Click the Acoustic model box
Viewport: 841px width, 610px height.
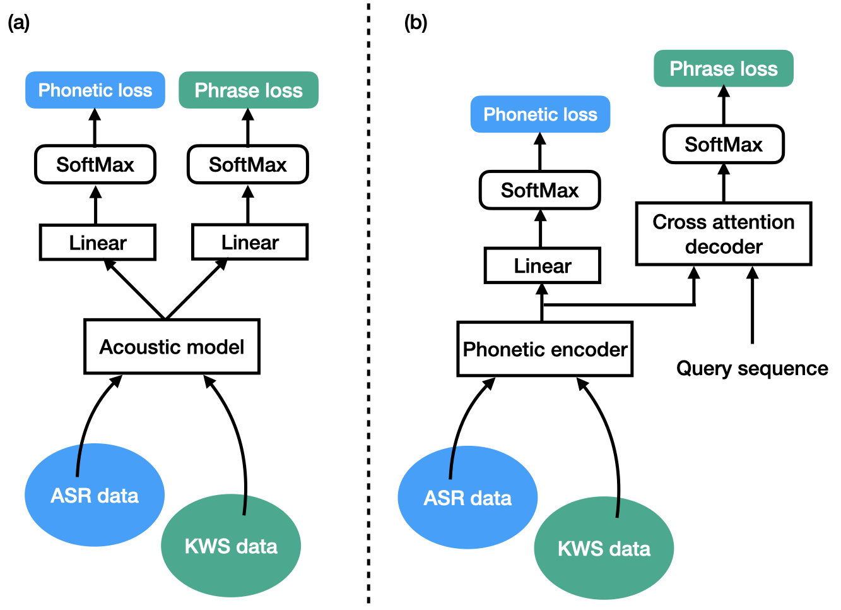click(x=172, y=347)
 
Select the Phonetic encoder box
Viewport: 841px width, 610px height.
click(x=544, y=349)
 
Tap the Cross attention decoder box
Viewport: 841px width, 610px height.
click(x=723, y=234)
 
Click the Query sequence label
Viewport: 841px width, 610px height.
click(x=752, y=368)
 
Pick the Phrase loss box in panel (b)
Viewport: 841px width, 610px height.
click(x=723, y=68)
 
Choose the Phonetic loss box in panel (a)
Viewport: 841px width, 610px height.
click(x=95, y=90)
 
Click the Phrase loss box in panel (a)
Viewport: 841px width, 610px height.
click(x=249, y=90)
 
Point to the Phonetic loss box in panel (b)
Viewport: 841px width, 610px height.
click(x=540, y=114)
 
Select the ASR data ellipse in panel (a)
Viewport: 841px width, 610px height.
click(x=95, y=495)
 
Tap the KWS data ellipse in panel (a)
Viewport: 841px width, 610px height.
click(x=231, y=546)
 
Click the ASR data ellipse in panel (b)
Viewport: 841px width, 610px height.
click(x=468, y=498)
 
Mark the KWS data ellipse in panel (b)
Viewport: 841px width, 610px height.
click(x=604, y=548)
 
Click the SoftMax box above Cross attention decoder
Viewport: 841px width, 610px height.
click(x=723, y=145)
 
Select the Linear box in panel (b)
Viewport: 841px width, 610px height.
click(x=542, y=266)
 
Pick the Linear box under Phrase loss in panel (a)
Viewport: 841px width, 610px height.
click(x=250, y=242)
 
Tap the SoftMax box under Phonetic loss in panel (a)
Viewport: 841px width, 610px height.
click(x=95, y=165)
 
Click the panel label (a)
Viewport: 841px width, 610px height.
click(x=18, y=23)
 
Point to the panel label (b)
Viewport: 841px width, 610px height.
click(x=415, y=23)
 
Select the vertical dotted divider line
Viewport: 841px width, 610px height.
click(x=368, y=303)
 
